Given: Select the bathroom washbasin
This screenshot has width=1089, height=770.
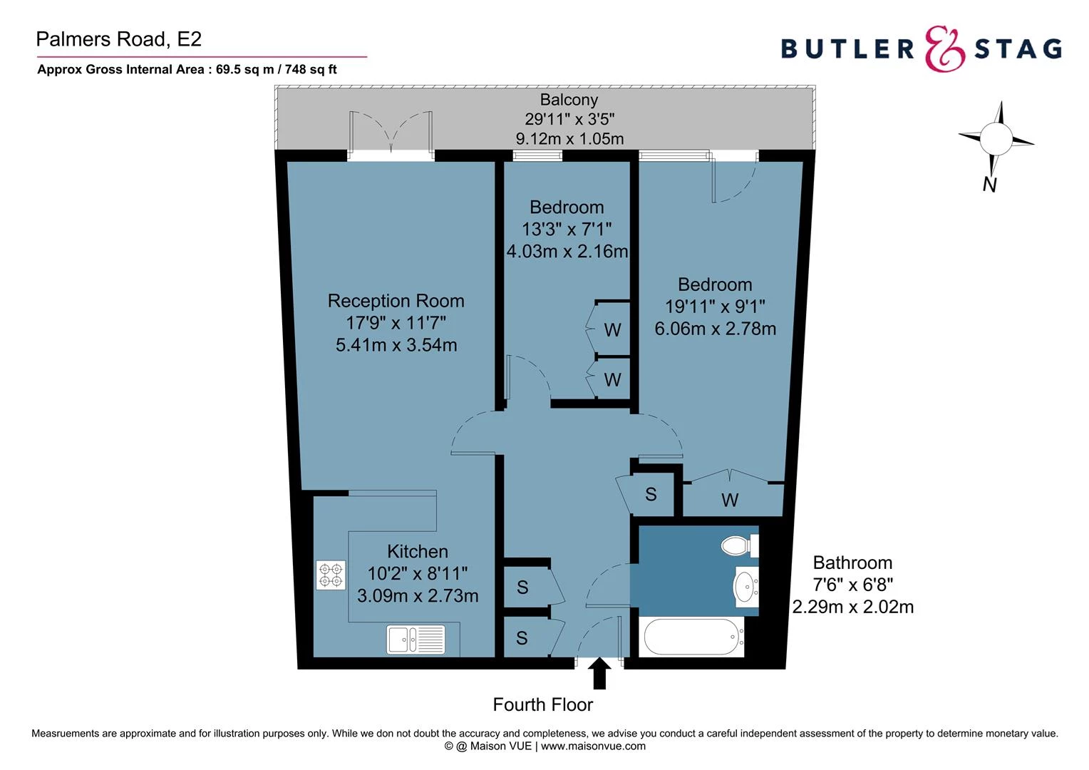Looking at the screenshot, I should tap(745, 587).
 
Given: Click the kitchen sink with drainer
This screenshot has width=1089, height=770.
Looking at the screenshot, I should tap(416, 640).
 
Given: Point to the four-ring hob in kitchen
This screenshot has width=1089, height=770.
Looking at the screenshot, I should tap(331, 575).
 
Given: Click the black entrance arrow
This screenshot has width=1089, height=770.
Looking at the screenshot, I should tap(599, 674).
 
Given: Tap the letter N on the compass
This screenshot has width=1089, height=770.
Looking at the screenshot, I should tap(989, 184).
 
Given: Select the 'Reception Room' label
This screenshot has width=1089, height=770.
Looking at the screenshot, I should tap(396, 301).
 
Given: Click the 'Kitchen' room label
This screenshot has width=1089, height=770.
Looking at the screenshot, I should tap(418, 551).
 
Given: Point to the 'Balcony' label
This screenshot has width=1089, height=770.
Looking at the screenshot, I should tap(569, 100).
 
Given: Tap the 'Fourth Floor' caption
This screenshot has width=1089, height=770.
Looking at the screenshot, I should tap(542, 705).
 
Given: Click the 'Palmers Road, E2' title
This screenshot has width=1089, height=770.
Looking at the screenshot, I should tap(119, 39).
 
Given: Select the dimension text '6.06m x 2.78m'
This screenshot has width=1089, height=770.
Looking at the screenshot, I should tap(715, 329).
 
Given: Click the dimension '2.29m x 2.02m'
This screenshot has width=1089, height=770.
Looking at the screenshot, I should tap(852, 607).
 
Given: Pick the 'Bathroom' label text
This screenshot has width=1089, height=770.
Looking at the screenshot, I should tap(852, 563).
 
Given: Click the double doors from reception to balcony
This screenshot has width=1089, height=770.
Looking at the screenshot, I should tap(391, 134).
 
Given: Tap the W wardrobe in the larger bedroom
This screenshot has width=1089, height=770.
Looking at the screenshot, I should tap(729, 500).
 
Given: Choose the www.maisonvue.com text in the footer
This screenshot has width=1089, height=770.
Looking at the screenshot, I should tap(593, 746).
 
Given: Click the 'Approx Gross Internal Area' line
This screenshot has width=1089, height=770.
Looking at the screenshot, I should tap(187, 70).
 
